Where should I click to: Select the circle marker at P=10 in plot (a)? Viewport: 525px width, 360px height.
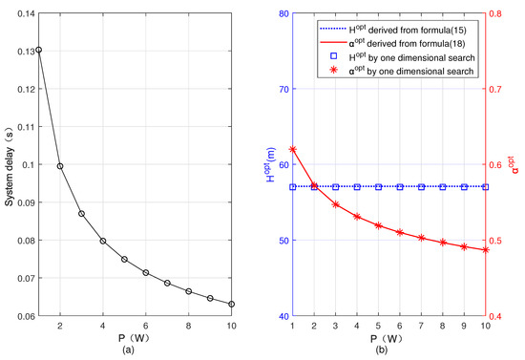[232, 304]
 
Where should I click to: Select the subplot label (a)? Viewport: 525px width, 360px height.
[135, 349]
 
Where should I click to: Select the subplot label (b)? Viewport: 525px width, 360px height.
[389, 349]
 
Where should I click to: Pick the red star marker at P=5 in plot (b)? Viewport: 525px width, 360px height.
[379, 225]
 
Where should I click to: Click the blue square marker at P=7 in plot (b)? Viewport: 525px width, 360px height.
[422, 187]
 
